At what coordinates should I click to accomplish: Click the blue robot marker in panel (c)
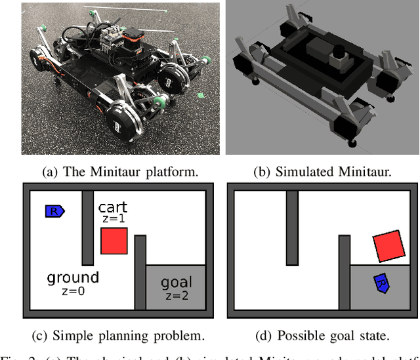coord(54,210)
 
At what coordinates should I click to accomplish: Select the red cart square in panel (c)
coord(114,241)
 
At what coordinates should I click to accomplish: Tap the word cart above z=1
coord(113,206)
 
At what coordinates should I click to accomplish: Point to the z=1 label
coord(113,219)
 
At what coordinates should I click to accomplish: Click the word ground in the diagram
coord(73,277)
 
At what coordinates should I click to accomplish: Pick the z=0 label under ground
coord(73,291)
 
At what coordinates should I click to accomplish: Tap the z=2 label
coord(177,296)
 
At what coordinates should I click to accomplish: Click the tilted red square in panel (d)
coord(387,247)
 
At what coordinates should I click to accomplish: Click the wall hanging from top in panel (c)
coord(88,227)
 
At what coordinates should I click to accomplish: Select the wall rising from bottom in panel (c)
coord(140,272)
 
